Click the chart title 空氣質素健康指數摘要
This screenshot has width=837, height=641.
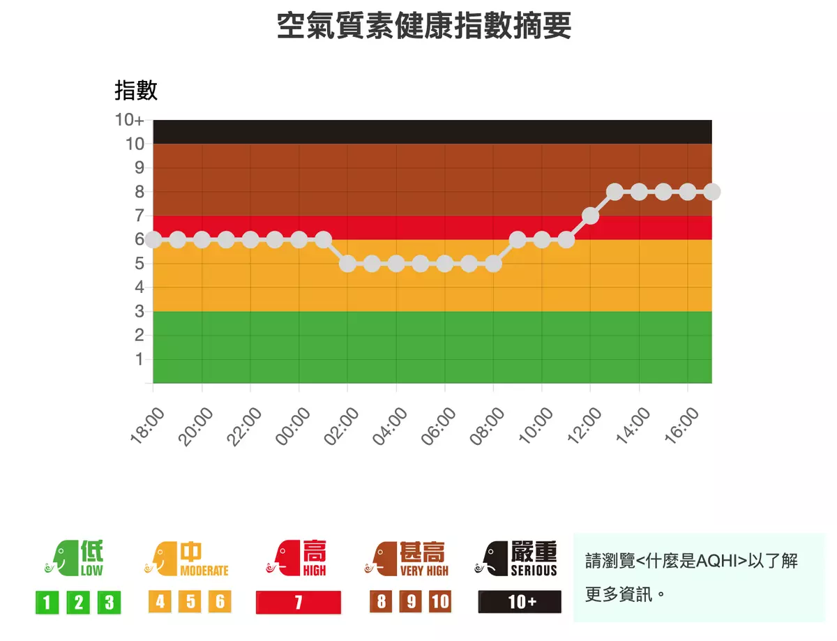pos(424,27)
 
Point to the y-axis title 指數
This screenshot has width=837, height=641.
pos(136,90)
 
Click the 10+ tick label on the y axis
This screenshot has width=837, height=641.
pos(130,120)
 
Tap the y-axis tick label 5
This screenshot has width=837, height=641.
pos(139,264)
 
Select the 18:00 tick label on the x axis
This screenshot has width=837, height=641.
pos(148,425)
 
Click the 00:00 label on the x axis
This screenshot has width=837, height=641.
pos(294,425)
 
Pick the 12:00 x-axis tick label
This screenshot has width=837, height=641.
pos(585,425)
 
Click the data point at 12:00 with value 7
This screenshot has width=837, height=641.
pos(590,216)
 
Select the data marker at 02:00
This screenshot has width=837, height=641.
pos(347,264)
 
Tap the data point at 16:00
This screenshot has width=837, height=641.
pos(688,192)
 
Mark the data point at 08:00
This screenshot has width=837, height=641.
pos(493,264)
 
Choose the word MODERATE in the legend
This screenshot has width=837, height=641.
pos(204,571)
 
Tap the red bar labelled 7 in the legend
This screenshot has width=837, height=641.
pos(299,602)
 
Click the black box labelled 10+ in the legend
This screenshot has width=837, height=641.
pos(520,602)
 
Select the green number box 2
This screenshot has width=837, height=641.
pos(78,602)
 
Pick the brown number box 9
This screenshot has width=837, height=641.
pos(411,602)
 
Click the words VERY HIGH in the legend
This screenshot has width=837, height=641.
pos(424,571)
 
